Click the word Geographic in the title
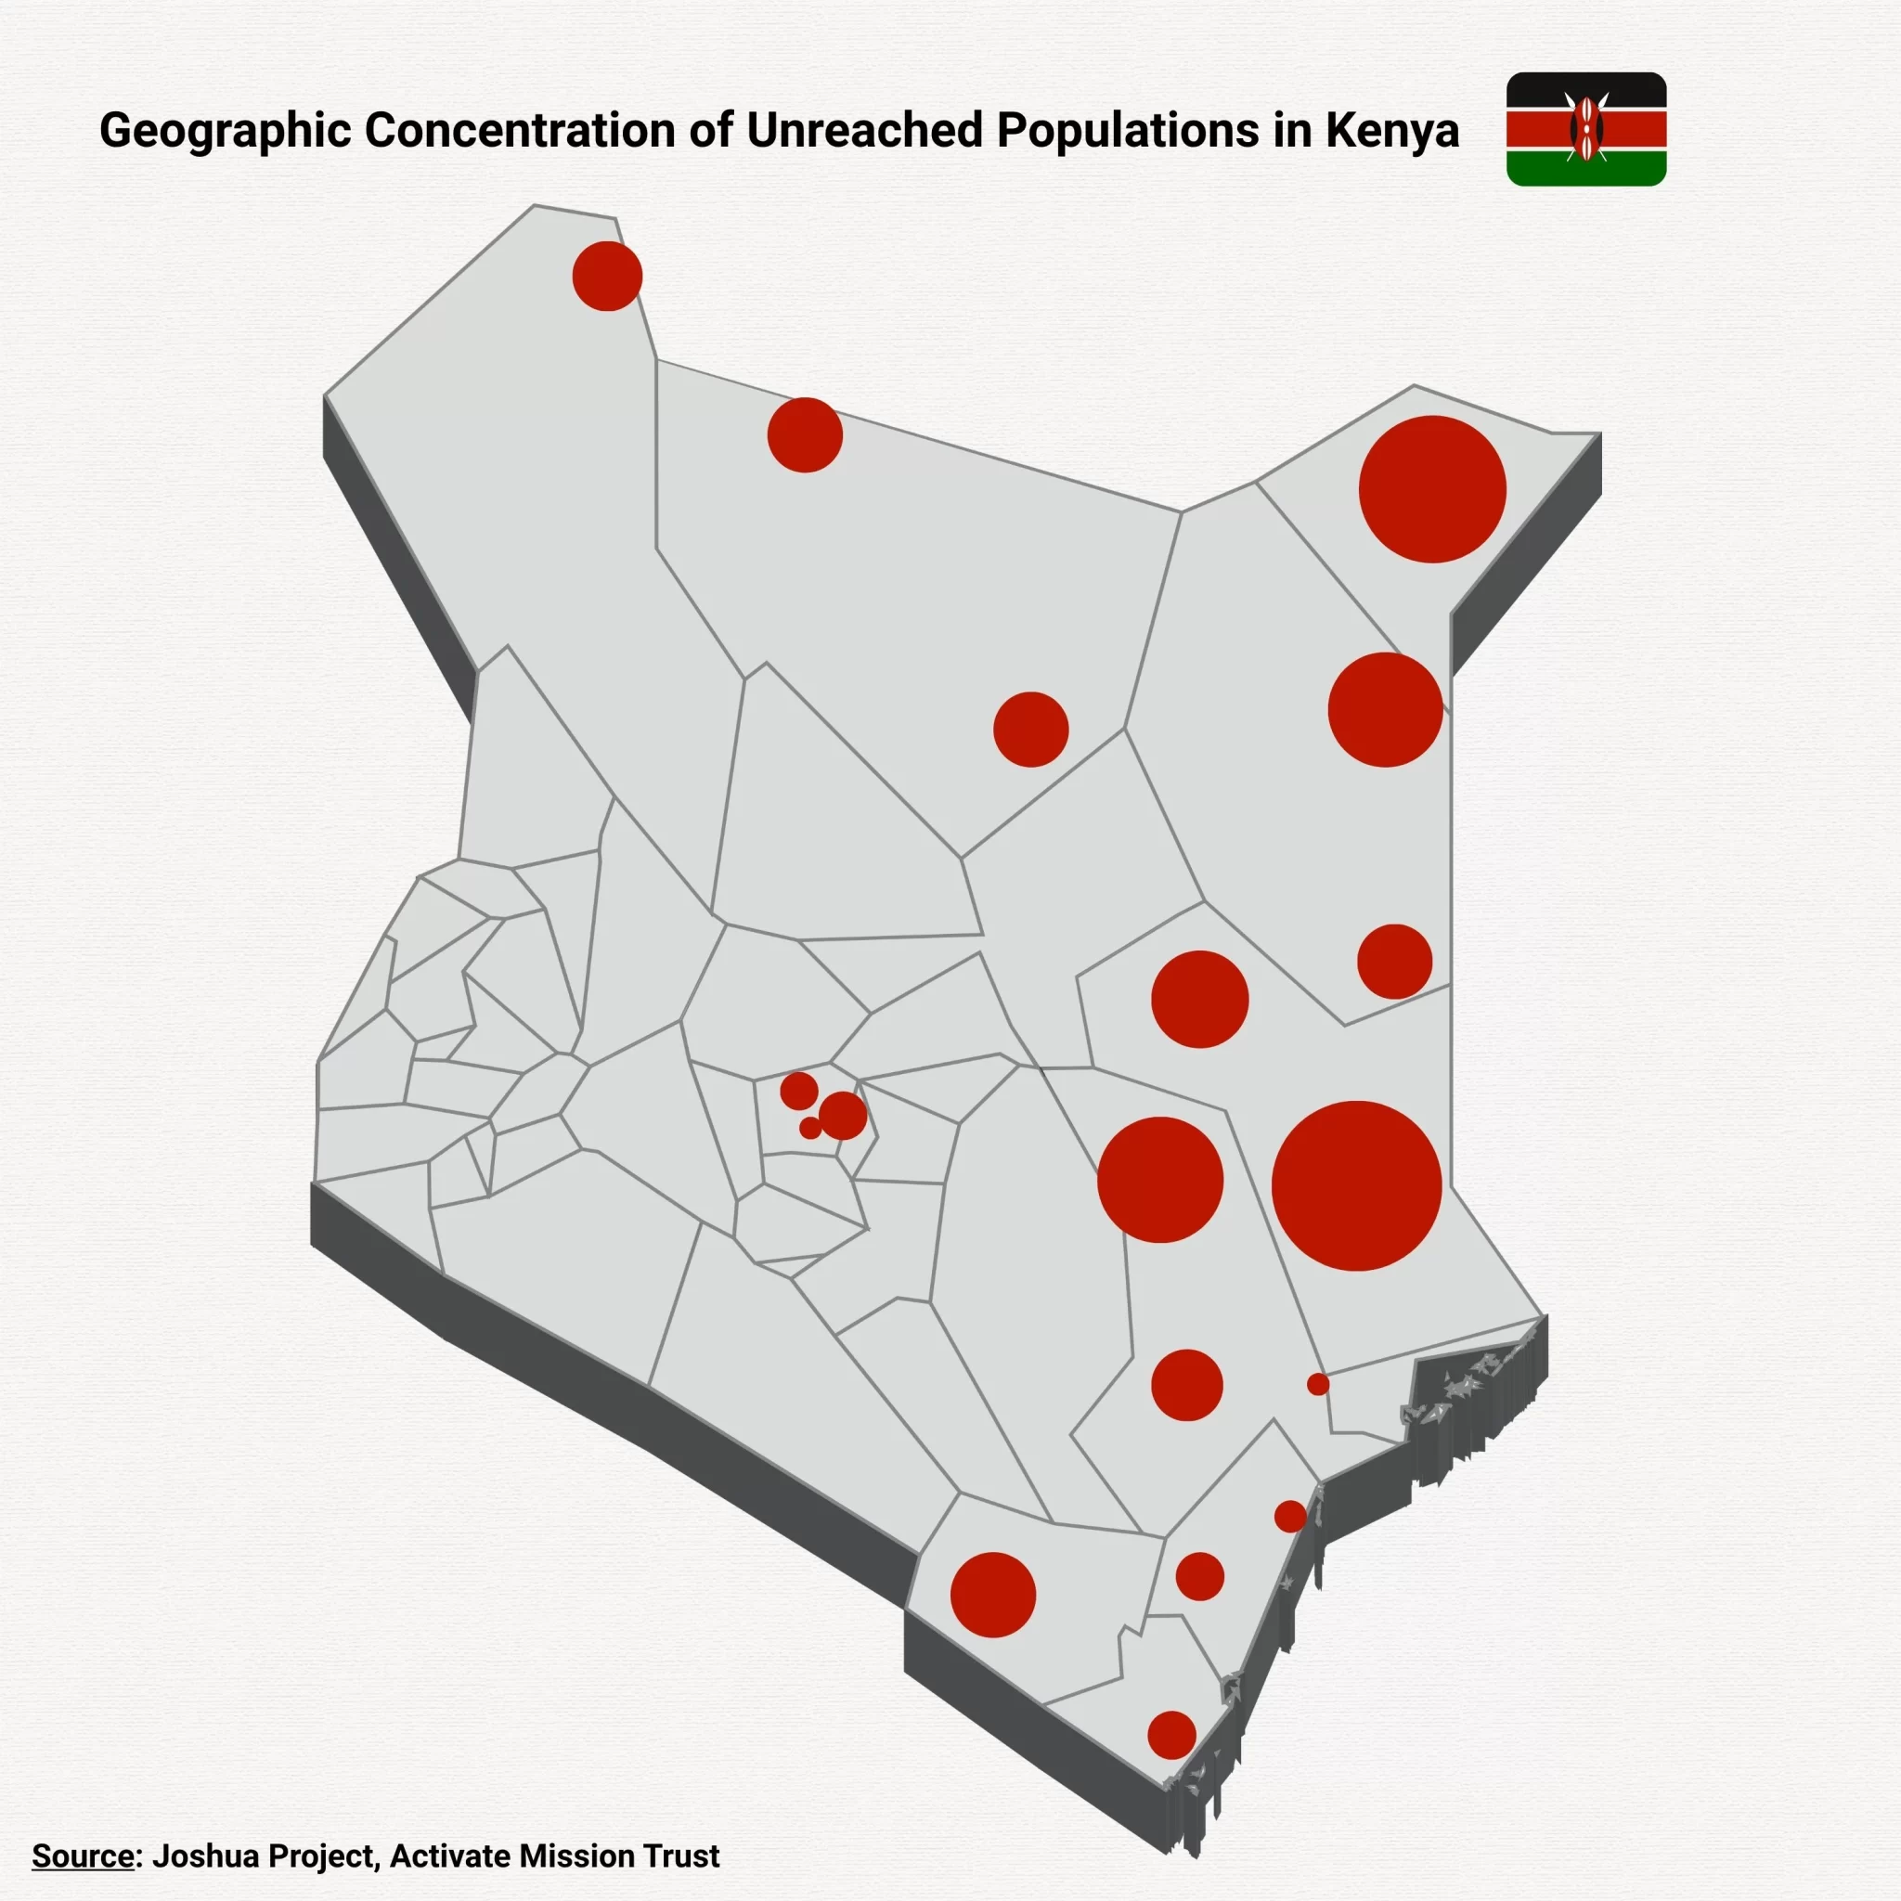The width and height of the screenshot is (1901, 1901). (x=225, y=131)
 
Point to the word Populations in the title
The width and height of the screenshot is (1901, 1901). (x=1127, y=131)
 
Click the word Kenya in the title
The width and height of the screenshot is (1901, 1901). (x=1392, y=131)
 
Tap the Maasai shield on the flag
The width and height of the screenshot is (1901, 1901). (x=1585, y=129)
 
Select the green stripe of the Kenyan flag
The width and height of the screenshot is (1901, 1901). (x=1585, y=169)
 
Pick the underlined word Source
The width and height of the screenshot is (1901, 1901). (x=83, y=1856)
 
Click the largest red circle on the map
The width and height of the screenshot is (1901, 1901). (x=1356, y=1185)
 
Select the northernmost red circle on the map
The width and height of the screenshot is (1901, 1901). (x=607, y=277)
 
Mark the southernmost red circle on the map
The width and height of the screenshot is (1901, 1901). (x=1170, y=1735)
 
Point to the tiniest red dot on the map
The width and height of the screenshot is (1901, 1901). (x=1317, y=1384)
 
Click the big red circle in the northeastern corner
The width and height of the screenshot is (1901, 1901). (x=1431, y=489)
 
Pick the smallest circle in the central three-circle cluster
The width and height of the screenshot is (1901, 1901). (x=809, y=1128)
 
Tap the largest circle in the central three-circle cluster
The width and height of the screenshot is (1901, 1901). (x=843, y=1116)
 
